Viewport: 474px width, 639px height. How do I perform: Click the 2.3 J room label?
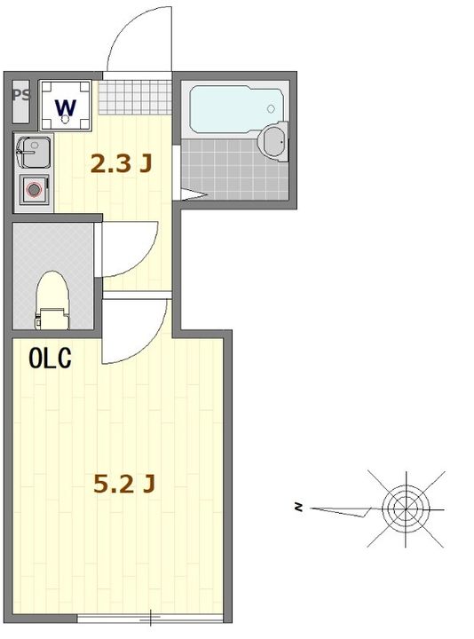point(121,163)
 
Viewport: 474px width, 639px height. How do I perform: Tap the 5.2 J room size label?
point(124,484)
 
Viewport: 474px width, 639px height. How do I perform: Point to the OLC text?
point(50,359)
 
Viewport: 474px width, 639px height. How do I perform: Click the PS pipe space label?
point(21,95)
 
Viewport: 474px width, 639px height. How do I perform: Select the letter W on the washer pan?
point(66,106)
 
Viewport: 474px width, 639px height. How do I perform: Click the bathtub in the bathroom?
point(237,109)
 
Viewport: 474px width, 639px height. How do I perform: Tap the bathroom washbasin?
point(274,141)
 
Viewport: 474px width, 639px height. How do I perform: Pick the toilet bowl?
point(51,300)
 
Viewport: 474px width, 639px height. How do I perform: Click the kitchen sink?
point(33,153)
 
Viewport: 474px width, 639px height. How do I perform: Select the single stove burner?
point(35,190)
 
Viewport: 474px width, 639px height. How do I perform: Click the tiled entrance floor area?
point(135,97)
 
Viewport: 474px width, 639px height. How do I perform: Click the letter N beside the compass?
point(299,508)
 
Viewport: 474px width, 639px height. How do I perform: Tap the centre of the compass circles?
point(406,509)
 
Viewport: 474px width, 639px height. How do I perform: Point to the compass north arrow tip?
point(311,509)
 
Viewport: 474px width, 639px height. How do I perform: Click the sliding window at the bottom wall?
point(150,619)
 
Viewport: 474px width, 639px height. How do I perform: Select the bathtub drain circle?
point(272,109)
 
